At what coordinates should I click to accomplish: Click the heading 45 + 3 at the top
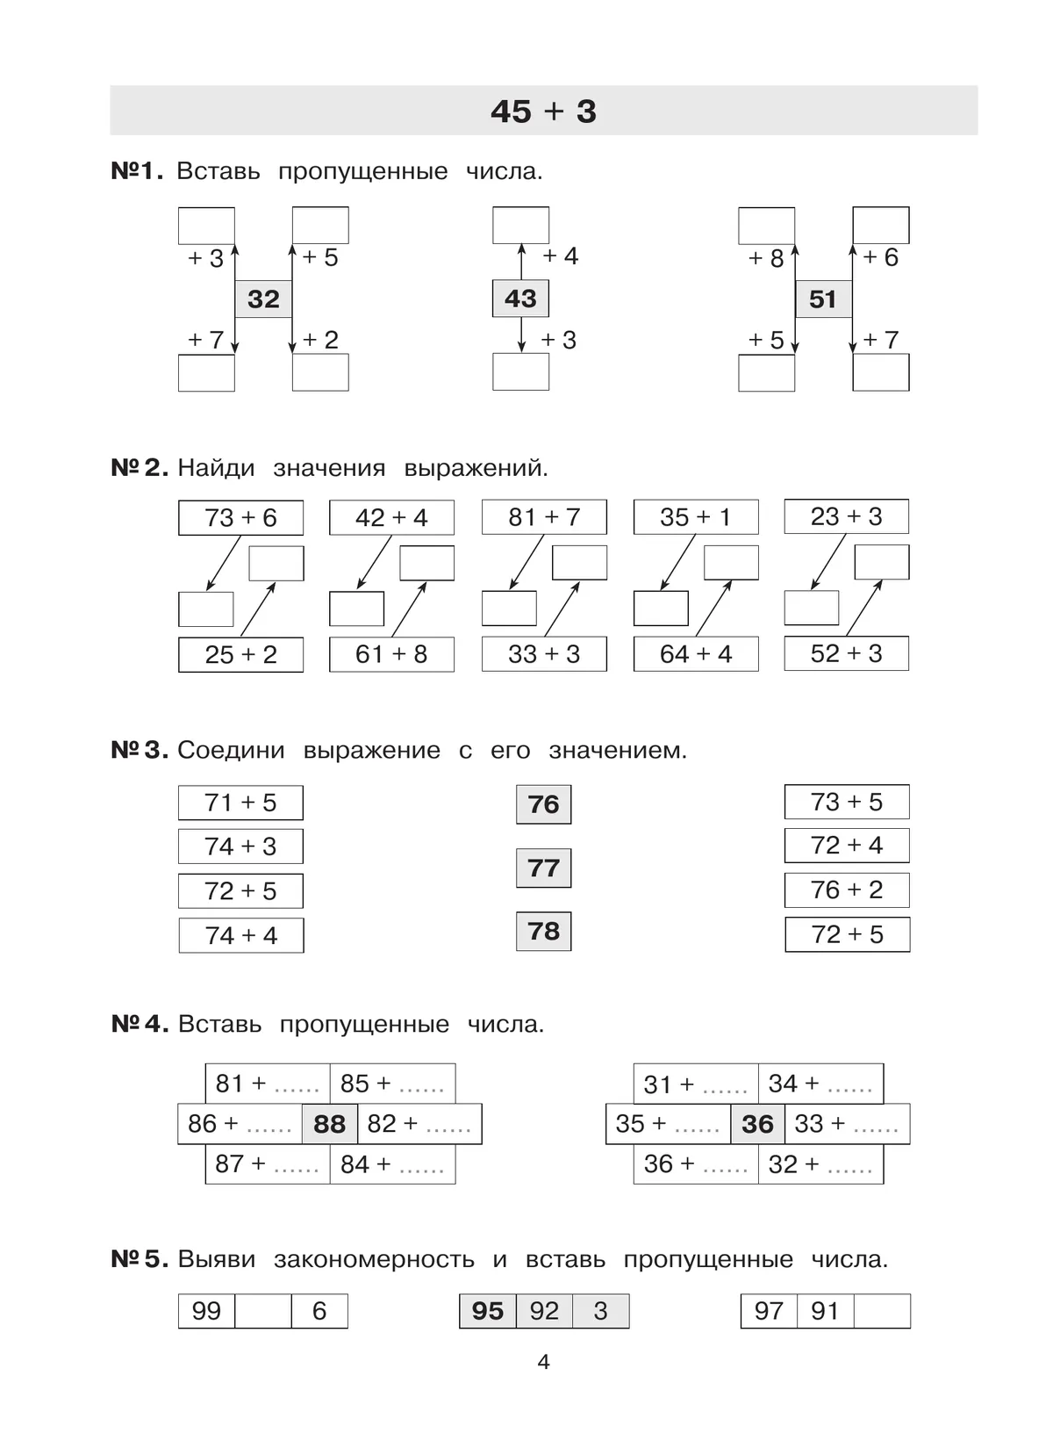[543, 112]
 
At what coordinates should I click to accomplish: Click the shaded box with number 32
[263, 299]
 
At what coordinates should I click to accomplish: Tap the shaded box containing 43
[520, 299]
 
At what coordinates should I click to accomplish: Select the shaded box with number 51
[823, 299]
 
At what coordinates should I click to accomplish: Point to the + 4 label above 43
[560, 256]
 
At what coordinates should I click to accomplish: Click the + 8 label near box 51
[766, 258]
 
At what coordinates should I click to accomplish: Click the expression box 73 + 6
[240, 518]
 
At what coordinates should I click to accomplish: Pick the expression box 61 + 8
[391, 654]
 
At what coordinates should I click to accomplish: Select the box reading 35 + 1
[695, 517]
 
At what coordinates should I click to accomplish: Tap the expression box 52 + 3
[846, 653]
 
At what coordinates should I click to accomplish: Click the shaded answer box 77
[543, 868]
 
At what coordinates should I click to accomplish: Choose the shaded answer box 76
[543, 804]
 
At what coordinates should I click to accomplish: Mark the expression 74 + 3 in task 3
[240, 846]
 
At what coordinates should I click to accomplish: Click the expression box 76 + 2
[847, 890]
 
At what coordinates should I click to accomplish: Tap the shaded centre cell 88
[329, 1124]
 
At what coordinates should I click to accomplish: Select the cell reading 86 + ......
[240, 1124]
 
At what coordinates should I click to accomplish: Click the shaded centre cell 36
[757, 1124]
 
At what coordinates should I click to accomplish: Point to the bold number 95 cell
[488, 1311]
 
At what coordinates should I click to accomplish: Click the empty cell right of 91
[882, 1311]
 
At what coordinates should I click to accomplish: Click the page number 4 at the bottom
[543, 1362]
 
